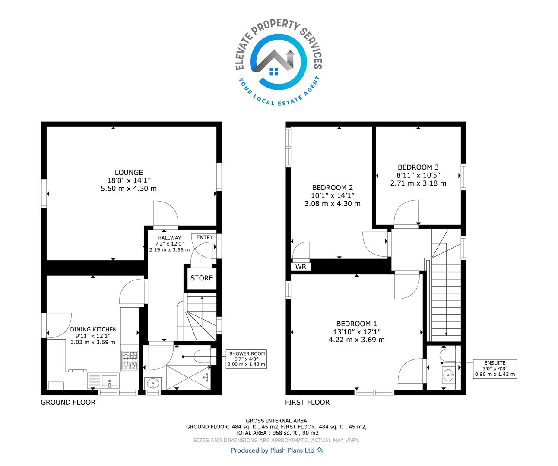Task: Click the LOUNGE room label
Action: point(129,173)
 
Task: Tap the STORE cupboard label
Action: point(202,278)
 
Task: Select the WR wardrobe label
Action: point(301,267)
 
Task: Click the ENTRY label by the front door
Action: point(205,237)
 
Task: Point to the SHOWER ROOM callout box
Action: point(247,359)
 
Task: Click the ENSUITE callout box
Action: point(495,369)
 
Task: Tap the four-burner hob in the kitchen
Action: point(130,361)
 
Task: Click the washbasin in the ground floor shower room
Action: point(153,384)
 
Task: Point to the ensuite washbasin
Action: point(449,375)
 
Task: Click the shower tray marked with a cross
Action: point(188,378)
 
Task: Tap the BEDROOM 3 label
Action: point(418,167)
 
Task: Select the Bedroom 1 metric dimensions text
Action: point(356,340)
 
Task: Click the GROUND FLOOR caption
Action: point(68,402)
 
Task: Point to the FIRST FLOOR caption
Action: point(308,402)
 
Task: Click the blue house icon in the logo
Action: point(274,71)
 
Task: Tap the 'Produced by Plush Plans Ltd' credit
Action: point(276,450)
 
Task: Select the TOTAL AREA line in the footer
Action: point(277,433)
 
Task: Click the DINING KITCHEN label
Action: point(93,330)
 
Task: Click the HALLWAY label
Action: point(169,238)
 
